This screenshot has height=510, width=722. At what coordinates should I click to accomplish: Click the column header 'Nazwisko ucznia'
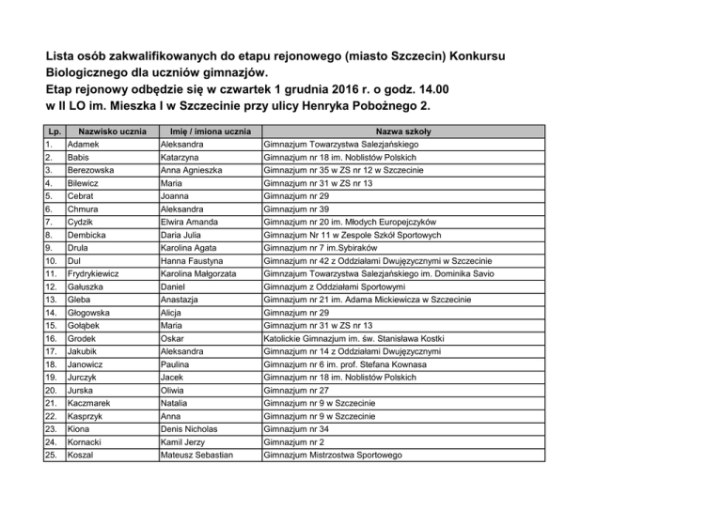coord(112,131)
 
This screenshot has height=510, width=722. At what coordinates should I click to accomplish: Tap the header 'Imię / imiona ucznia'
coord(211,131)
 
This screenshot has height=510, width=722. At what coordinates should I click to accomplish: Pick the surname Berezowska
coord(95,170)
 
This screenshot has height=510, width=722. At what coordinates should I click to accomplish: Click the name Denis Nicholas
coord(196,428)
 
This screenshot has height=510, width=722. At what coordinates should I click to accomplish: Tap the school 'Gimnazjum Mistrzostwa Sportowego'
coord(346,455)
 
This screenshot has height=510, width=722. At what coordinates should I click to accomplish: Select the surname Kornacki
coord(89,441)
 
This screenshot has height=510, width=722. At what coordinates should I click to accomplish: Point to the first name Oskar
coord(174,338)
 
